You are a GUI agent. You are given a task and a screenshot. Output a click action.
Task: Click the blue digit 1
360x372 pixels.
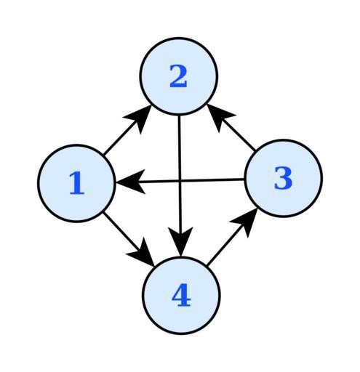click(x=76, y=182)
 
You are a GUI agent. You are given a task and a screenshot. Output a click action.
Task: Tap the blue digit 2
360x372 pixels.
click(x=178, y=76)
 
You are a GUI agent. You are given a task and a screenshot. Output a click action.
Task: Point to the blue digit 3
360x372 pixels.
click(x=283, y=178)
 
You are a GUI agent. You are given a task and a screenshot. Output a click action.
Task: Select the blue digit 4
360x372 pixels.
click(x=181, y=295)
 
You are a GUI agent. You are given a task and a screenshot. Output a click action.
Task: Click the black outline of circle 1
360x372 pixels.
click(x=38, y=183)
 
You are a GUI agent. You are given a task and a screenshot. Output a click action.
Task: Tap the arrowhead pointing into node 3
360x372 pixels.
click(x=246, y=222)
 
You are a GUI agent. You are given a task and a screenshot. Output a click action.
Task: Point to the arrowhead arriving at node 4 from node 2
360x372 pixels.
click(x=180, y=241)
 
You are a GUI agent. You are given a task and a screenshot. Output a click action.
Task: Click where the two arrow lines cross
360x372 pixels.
click(x=180, y=181)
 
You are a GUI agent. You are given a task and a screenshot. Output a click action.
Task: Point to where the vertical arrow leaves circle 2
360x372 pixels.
click(x=179, y=116)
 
